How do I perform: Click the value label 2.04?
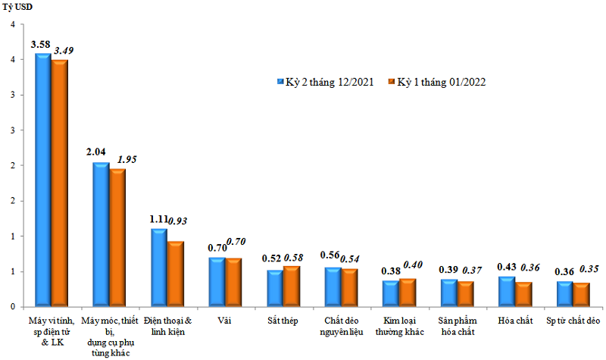pos(97,152)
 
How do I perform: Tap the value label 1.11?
pos(158,219)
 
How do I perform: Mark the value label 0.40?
pos(412,265)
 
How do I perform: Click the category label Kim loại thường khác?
pos(398,327)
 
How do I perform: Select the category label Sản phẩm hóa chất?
pos(457,327)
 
